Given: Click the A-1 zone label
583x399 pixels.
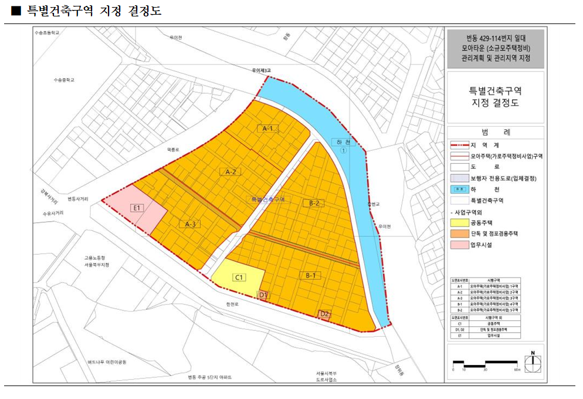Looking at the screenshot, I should tap(268, 128).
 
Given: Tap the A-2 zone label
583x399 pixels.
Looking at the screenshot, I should tap(231, 171).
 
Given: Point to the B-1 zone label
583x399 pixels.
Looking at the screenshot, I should tap(310, 275).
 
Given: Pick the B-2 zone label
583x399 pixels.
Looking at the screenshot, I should tap(314, 203).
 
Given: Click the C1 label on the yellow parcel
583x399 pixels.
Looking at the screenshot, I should tap(239, 277).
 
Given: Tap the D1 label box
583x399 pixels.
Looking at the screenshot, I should tap(263, 295).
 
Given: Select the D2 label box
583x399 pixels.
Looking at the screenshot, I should tap(324, 314).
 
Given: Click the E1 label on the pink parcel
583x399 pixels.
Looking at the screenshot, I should tap(138, 207).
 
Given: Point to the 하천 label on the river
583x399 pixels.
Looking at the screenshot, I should tap(343, 143).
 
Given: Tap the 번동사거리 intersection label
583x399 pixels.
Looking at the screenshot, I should tap(77, 199).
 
